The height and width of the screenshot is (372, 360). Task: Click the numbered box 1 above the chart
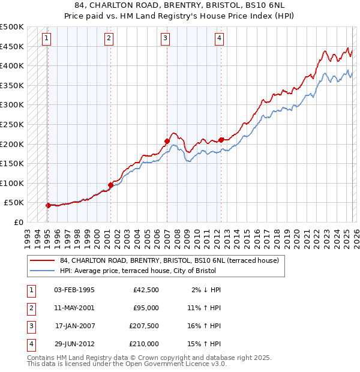point(47,39)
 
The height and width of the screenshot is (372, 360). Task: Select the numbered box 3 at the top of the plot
point(165,39)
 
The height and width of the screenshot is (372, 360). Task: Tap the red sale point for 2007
point(167,142)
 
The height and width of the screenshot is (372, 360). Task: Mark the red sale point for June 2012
point(221,140)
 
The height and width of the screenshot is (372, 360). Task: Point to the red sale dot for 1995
point(48,205)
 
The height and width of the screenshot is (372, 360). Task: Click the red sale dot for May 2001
point(110,185)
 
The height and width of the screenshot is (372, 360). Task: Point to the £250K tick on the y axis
point(12,124)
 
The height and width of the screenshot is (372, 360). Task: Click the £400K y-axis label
point(12,65)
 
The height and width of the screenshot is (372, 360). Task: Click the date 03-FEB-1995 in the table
point(74,290)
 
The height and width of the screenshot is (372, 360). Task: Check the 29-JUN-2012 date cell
point(74,344)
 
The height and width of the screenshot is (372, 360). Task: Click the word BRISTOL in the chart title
point(224,6)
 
